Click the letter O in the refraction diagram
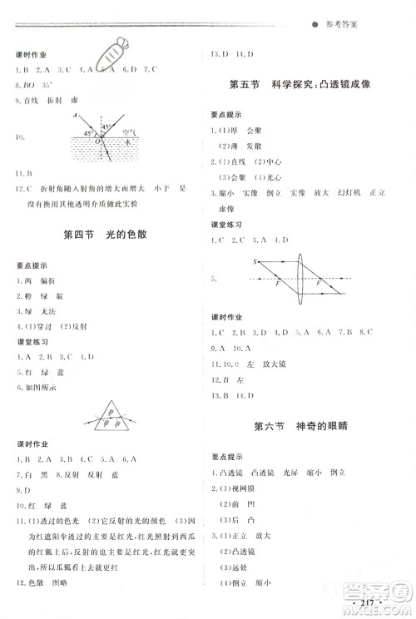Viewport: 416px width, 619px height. [97, 141]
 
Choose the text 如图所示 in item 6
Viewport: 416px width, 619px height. [41, 388]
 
